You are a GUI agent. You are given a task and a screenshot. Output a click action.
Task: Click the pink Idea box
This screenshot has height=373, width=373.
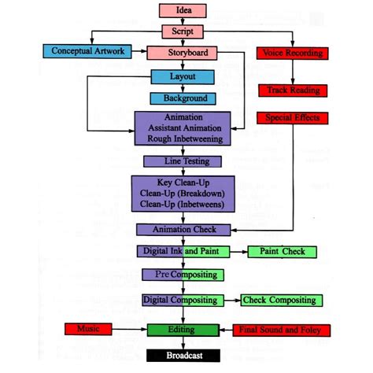[183, 11]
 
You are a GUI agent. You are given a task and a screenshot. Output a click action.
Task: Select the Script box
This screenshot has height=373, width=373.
[183, 31]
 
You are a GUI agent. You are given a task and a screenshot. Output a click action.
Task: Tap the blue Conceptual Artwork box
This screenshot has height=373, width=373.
[87, 51]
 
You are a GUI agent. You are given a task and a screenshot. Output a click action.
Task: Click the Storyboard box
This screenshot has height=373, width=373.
[182, 53]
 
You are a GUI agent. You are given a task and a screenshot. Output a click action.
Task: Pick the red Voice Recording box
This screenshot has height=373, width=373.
[293, 54]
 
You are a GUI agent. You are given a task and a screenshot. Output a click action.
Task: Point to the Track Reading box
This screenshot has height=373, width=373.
[293, 90]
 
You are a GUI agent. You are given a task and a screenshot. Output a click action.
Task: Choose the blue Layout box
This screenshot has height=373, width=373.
[183, 77]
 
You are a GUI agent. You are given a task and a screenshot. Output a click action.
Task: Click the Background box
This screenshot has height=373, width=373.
[183, 98]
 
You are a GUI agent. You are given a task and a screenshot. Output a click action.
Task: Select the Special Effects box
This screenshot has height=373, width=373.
[293, 118]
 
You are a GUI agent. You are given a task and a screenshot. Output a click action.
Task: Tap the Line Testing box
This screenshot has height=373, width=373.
[183, 161]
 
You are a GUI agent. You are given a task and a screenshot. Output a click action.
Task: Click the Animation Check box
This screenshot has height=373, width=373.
[183, 230]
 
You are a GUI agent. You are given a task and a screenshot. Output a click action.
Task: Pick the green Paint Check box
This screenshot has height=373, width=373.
[283, 252]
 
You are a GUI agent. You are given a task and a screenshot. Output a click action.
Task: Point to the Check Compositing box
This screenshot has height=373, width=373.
[282, 301]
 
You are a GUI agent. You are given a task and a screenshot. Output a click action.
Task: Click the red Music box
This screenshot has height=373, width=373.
[88, 329]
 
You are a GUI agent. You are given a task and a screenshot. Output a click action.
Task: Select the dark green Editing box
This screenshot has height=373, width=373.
[183, 331]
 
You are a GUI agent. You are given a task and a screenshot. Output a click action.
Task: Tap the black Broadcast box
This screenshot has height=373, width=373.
[183, 356]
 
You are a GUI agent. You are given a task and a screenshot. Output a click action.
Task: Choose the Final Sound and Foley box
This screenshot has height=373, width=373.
[282, 331]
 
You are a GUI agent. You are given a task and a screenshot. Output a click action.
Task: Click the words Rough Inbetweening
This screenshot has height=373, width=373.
[185, 139]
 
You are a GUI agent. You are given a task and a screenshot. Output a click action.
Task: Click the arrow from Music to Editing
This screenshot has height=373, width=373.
[130, 329]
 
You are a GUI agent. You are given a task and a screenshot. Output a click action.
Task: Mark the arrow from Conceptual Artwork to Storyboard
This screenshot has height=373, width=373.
[139, 51]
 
